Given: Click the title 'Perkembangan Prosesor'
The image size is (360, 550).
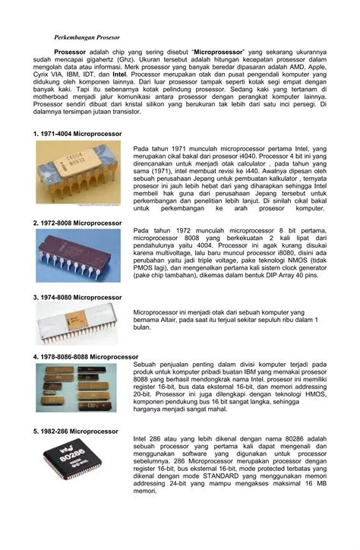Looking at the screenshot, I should pos(87,36).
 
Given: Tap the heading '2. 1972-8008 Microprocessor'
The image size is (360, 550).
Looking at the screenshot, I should pos(77,223).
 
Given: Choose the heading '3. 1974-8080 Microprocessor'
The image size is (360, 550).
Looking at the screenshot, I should pos(77,297).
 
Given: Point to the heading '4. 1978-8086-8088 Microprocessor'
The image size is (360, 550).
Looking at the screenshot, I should pos(86,356).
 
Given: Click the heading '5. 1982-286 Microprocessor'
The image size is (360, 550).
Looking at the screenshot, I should pos(76,431).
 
